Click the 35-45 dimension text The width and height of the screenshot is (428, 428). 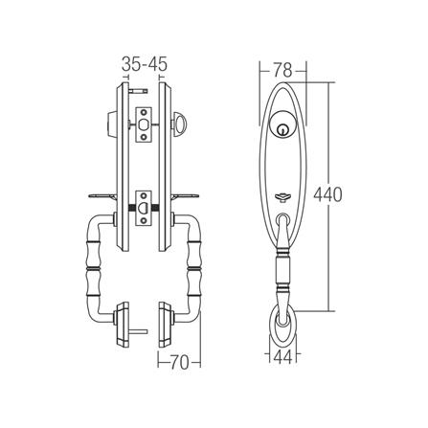(x=146, y=64)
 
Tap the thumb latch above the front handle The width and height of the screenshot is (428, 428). (x=284, y=191)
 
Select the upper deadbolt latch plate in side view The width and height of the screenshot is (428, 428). (x=144, y=123)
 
